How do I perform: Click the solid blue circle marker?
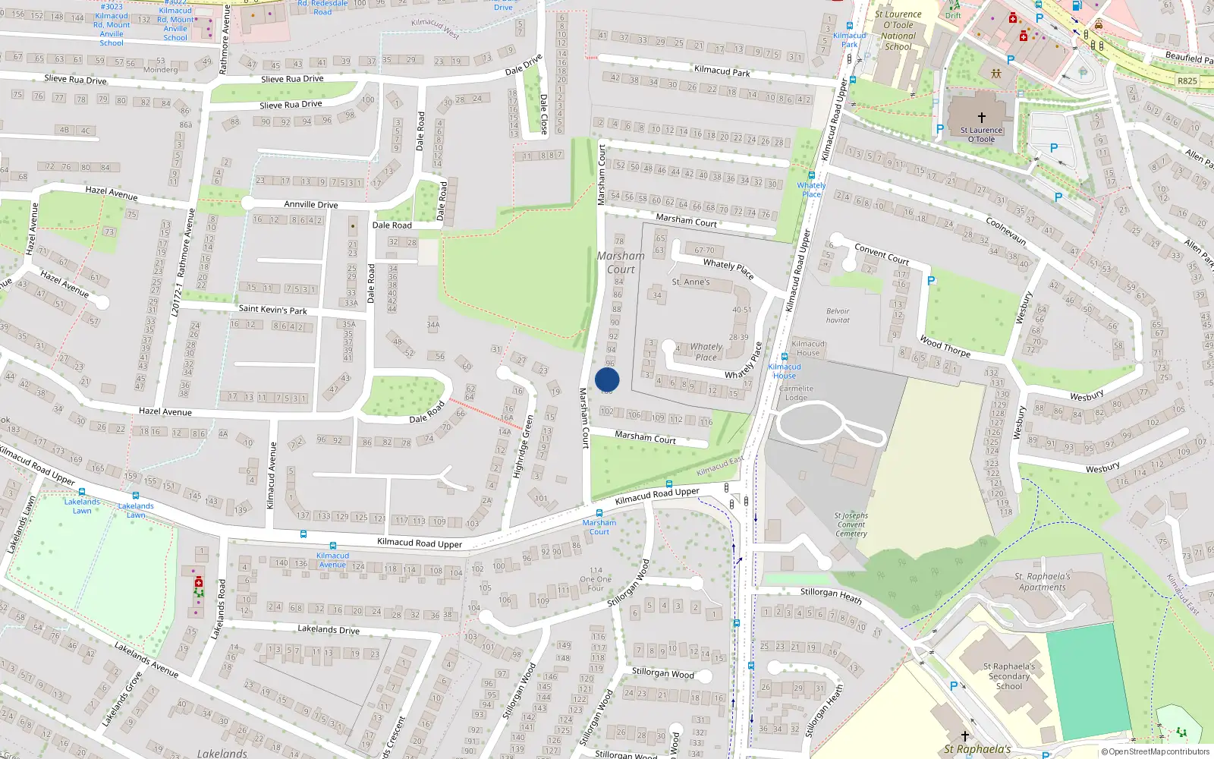[607, 379]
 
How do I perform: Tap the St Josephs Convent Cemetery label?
[851, 524]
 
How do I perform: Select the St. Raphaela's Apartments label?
[1043, 581]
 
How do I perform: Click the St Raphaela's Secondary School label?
[1009, 676]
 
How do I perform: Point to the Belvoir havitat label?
[838, 316]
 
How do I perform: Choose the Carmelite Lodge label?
[796, 393]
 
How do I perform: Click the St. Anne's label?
[690, 282]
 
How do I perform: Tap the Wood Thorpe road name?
[945, 346]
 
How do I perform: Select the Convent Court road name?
[882, 254]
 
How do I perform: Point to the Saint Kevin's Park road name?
[273, 310]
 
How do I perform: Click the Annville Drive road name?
[311, 204]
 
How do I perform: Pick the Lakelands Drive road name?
[329, 629]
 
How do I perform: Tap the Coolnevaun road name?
[1006, 231]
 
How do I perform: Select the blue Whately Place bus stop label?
[811, 190]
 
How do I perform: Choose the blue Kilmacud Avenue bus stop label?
[332, 560]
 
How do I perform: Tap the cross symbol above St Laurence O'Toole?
[981, 118]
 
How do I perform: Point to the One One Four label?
[596, 579]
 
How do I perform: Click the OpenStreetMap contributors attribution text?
[1156, 752]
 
